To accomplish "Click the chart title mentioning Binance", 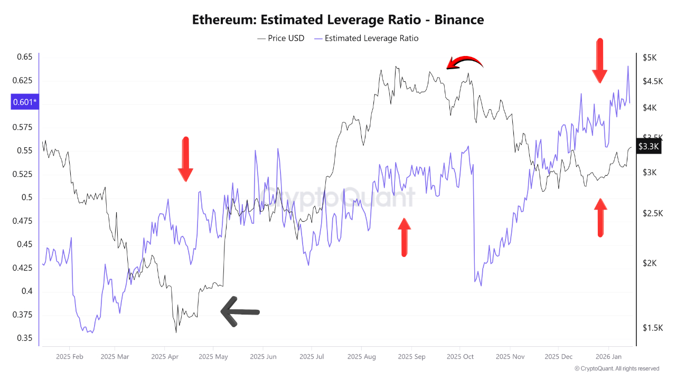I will click(x=338, y=20).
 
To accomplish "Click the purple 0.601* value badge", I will click(x=25, y=102).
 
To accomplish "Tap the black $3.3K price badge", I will click(x=648, y=146).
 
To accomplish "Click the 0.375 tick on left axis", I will click(x=23, y=315).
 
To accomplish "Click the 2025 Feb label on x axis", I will click(x=70, y=357).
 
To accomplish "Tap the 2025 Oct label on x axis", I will click(x=460, y=357).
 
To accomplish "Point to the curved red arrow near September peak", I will click(x=464, y=63).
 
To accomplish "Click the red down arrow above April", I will click(x=185, y=159).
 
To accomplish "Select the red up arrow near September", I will click(x=404, y=237).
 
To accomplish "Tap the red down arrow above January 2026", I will click(x=599, y=60).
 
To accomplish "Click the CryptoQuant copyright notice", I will click(x=617, y=368).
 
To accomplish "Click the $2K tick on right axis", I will click(x=649, y=263).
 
